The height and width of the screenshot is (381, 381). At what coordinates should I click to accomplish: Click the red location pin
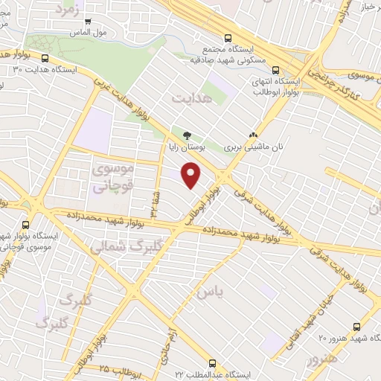click(x=191, y=174)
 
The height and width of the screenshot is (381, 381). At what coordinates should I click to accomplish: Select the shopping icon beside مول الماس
click(x=89, y=22)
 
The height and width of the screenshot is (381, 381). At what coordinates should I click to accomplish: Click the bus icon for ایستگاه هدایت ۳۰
click(x=46, y=58)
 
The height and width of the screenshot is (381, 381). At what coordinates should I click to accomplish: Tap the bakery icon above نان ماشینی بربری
click(x=254, y=135)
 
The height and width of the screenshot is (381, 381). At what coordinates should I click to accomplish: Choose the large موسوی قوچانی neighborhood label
click(x=112, y=179)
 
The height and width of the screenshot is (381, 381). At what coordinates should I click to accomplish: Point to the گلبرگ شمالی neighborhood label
click(x=119, y=246)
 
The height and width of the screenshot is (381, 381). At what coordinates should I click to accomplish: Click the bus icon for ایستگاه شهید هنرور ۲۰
click(x=357, y=326)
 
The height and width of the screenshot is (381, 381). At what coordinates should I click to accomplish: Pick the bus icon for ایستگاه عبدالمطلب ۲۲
click(x=214, y=364)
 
